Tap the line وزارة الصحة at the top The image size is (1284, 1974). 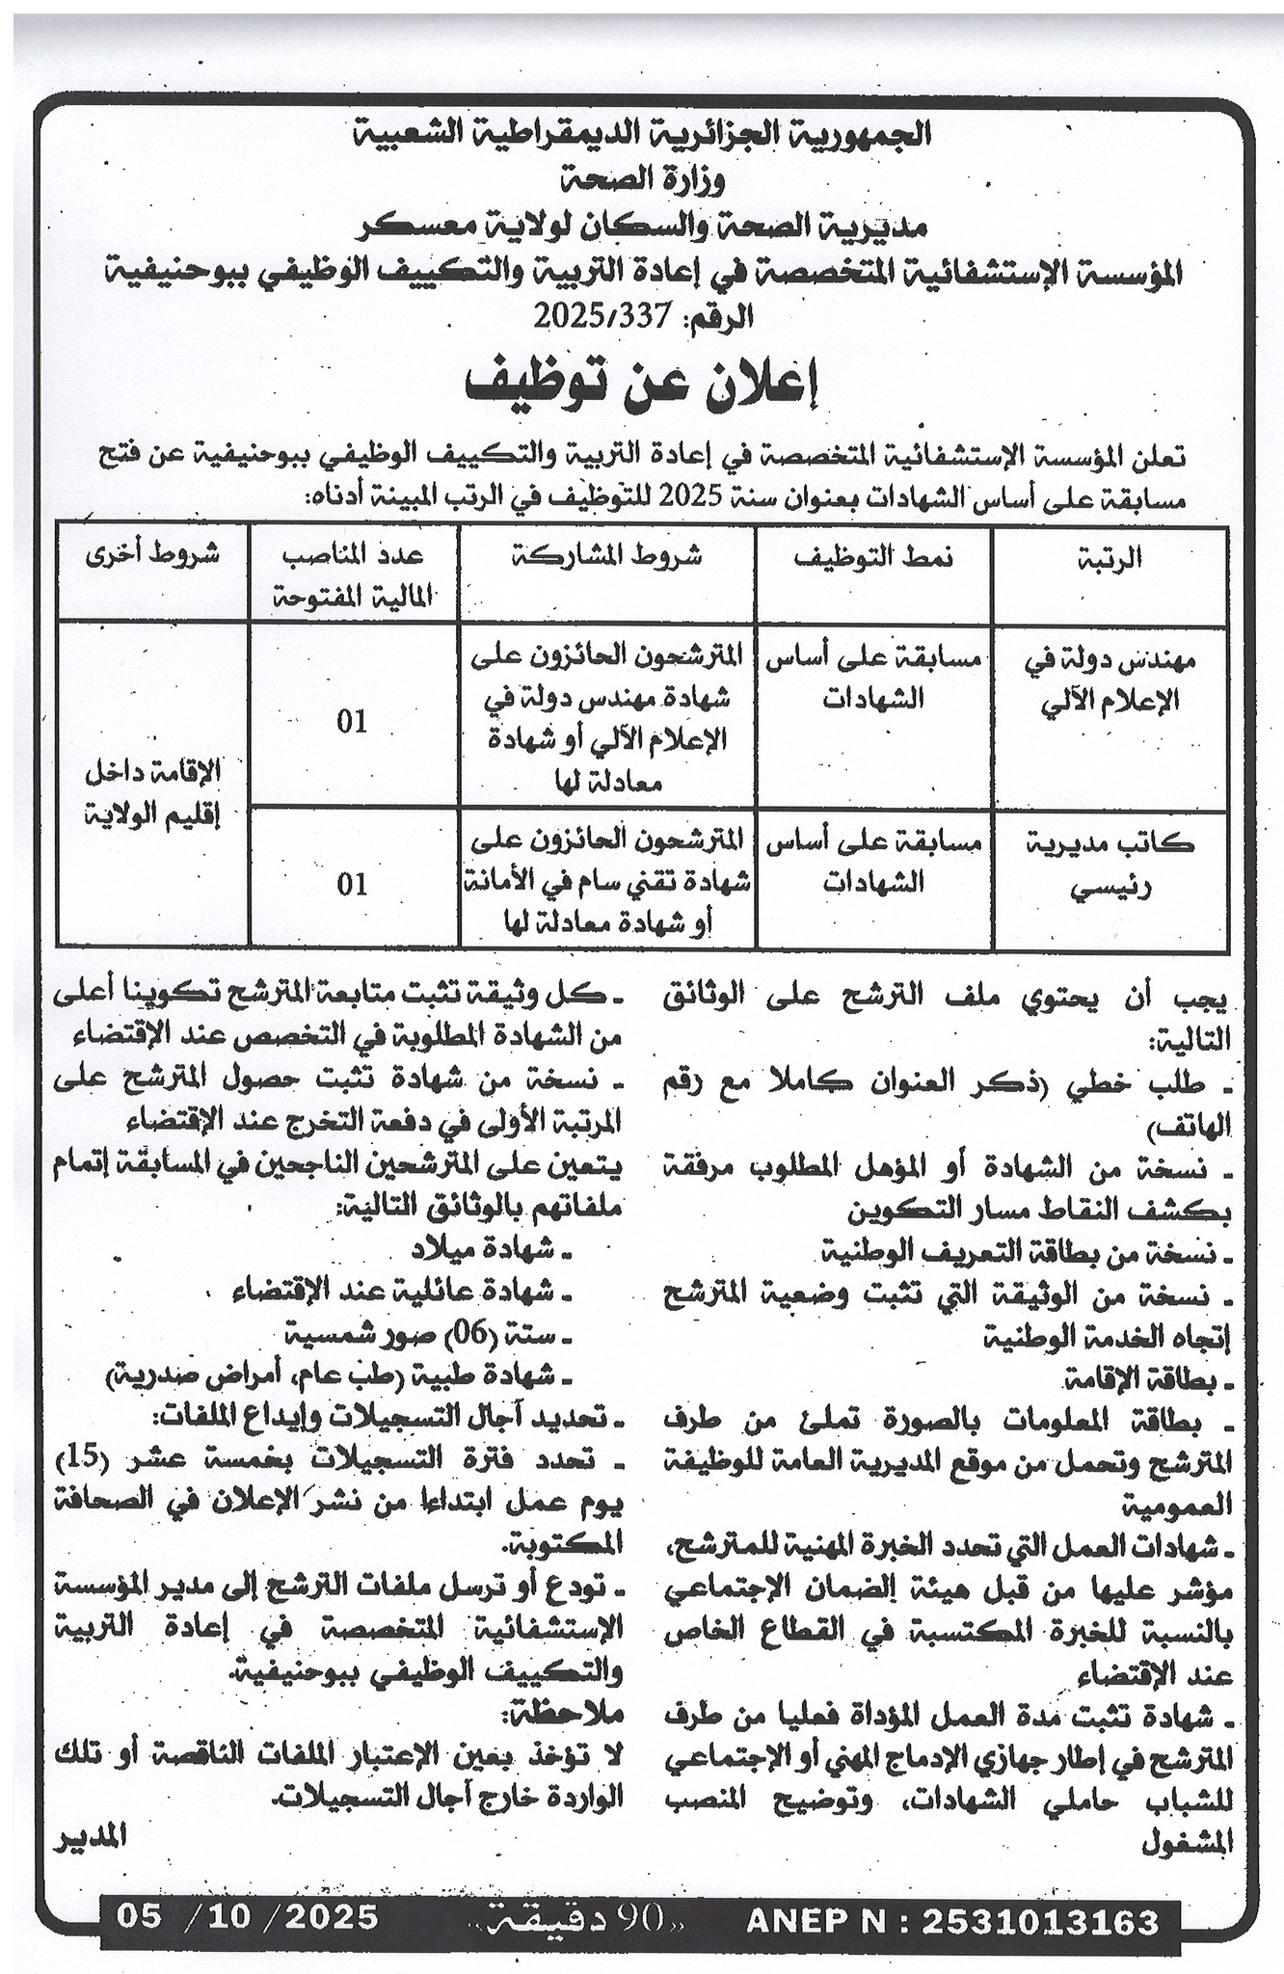(641, 178)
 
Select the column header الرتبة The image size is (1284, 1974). (1111, 561)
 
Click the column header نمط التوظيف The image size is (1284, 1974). (874, 561)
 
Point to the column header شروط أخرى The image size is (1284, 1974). (154, 556)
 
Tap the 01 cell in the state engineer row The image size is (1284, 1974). (353, 723)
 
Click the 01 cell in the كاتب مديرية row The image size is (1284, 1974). (353, 883)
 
